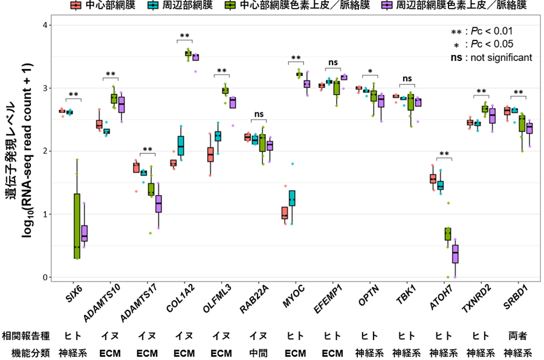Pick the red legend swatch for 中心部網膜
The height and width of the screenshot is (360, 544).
pos(76,6)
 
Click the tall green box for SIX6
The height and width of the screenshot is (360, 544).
pos(77,226)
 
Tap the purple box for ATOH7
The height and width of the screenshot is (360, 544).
pos(455,254)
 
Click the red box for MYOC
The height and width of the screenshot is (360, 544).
pos(285,213)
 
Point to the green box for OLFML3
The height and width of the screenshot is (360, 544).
pos(225,91)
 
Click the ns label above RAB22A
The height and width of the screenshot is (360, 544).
pos(259,114)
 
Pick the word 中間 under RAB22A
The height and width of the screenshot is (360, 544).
pos(259,352)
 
